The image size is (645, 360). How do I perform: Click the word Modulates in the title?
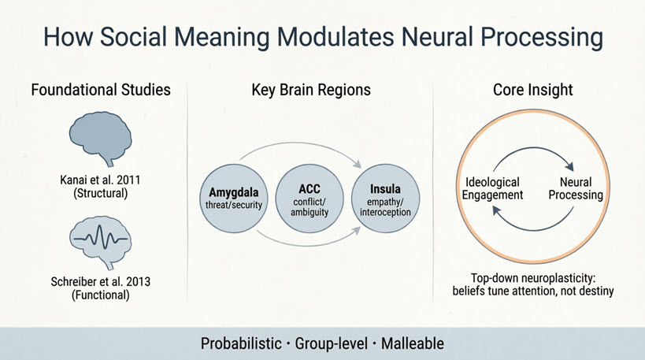click(x=335, y=36)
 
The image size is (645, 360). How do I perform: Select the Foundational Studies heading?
click(x=101, y=90)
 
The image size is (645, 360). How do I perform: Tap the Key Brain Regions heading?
click(x=311, y=90)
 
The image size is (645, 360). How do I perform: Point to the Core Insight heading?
click(x=532, y=90)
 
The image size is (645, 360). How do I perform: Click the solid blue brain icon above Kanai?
click(x=100, y=138)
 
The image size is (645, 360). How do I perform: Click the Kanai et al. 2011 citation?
click(x=100, y=187)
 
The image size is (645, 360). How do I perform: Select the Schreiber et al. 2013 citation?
click(x=100, y=288)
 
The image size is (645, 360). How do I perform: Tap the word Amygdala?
click(x=234, y=192)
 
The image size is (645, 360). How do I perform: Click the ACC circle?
click(x=310, y=199)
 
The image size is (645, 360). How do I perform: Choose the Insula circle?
click(x=385, y=199)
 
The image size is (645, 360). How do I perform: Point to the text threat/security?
click(x=234, y=205)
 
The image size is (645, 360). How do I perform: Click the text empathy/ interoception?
click(x=385, y=207)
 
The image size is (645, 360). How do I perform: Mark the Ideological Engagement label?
click(x=492, y=188)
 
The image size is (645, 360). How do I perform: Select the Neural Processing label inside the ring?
click(x=576, y=188)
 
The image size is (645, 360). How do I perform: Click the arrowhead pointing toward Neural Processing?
click(x=569, y=166)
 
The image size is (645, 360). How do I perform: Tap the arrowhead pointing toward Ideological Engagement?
click(x=497, y=210)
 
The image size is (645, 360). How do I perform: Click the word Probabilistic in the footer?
click(x=241, y=343)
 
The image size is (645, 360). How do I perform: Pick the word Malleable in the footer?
click(x=413, y=343)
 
